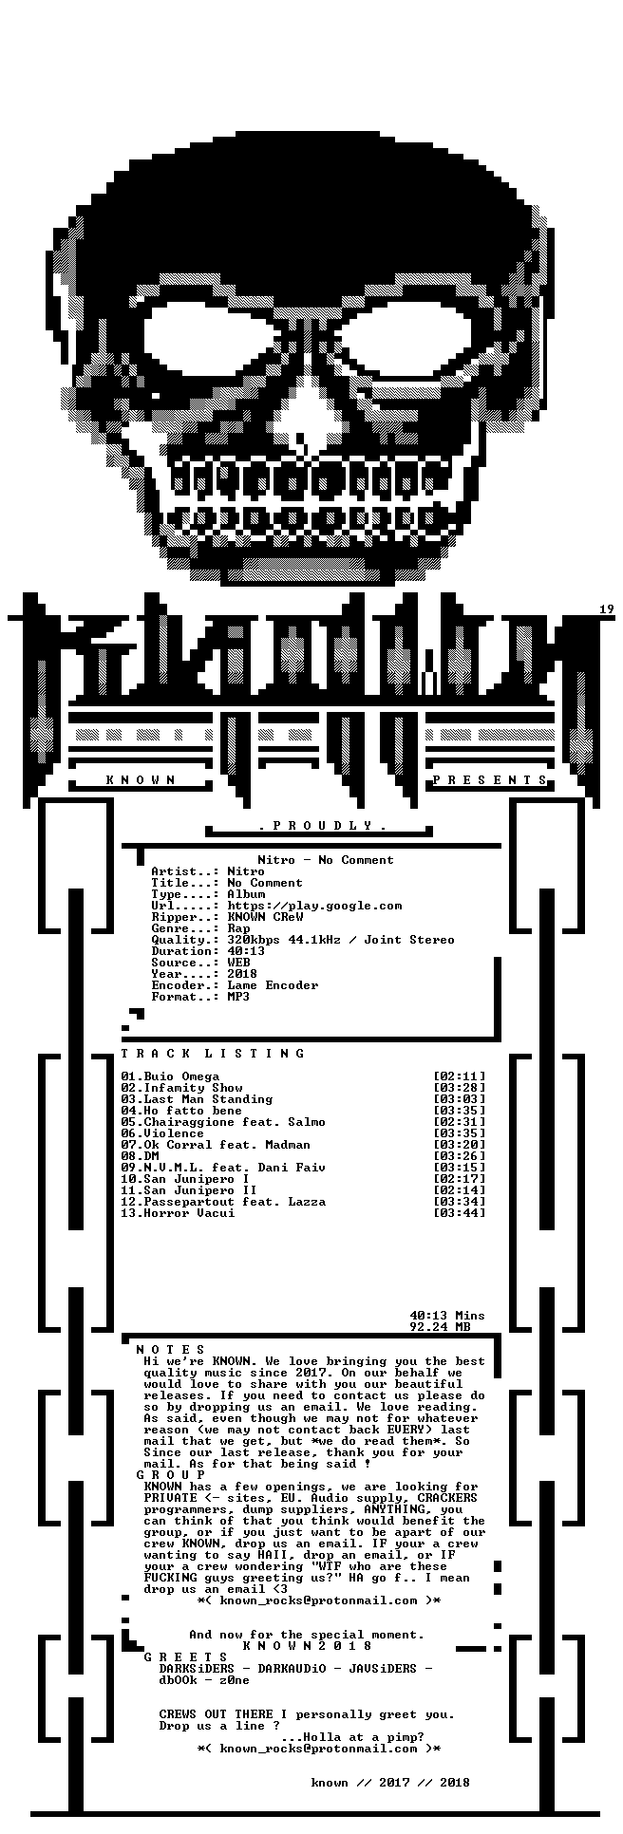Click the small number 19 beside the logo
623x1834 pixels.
click(607, 609)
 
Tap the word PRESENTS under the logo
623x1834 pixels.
click(490, 780)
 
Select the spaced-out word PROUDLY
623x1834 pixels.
click(323, 826)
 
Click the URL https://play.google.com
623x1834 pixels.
click(314, 906)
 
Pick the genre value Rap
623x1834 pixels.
click(238, 928)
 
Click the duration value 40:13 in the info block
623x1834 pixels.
click(246, 951)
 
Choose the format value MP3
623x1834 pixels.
click(238, 997)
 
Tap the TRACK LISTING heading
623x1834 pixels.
click(213, 1054)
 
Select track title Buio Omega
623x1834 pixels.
click(181, 1076)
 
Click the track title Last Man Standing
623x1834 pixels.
click(208, 1099)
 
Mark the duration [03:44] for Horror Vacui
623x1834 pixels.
click(459, 1213)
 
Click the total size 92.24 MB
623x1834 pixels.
click(440, 1327)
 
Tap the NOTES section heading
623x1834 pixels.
click(170, 1350)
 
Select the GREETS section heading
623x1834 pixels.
click(185, 1657)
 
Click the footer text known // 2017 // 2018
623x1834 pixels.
click(390, 1783)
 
